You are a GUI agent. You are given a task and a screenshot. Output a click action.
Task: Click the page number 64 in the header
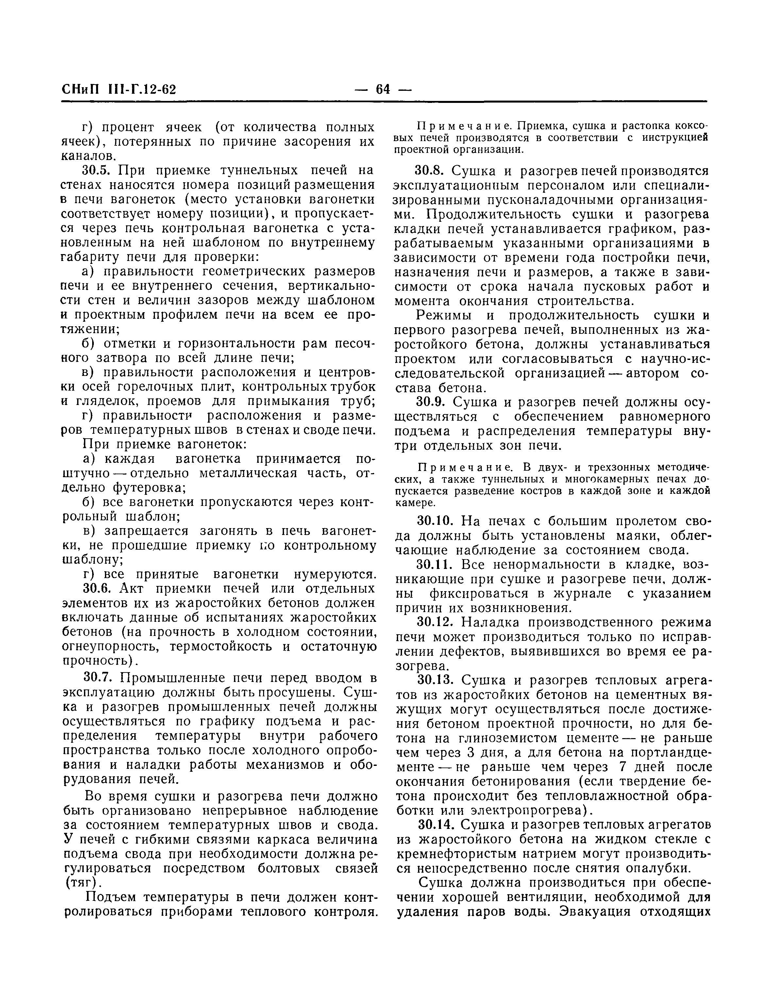[x=383, y=89]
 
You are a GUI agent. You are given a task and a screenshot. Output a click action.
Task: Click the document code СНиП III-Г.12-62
[x=119, y=89]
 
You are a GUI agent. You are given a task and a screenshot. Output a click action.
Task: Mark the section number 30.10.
[x=434, y=521]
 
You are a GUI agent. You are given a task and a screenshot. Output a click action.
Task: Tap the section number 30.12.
[x=434, y=622]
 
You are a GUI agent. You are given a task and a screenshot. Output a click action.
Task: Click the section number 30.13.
[x=434, y=680]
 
